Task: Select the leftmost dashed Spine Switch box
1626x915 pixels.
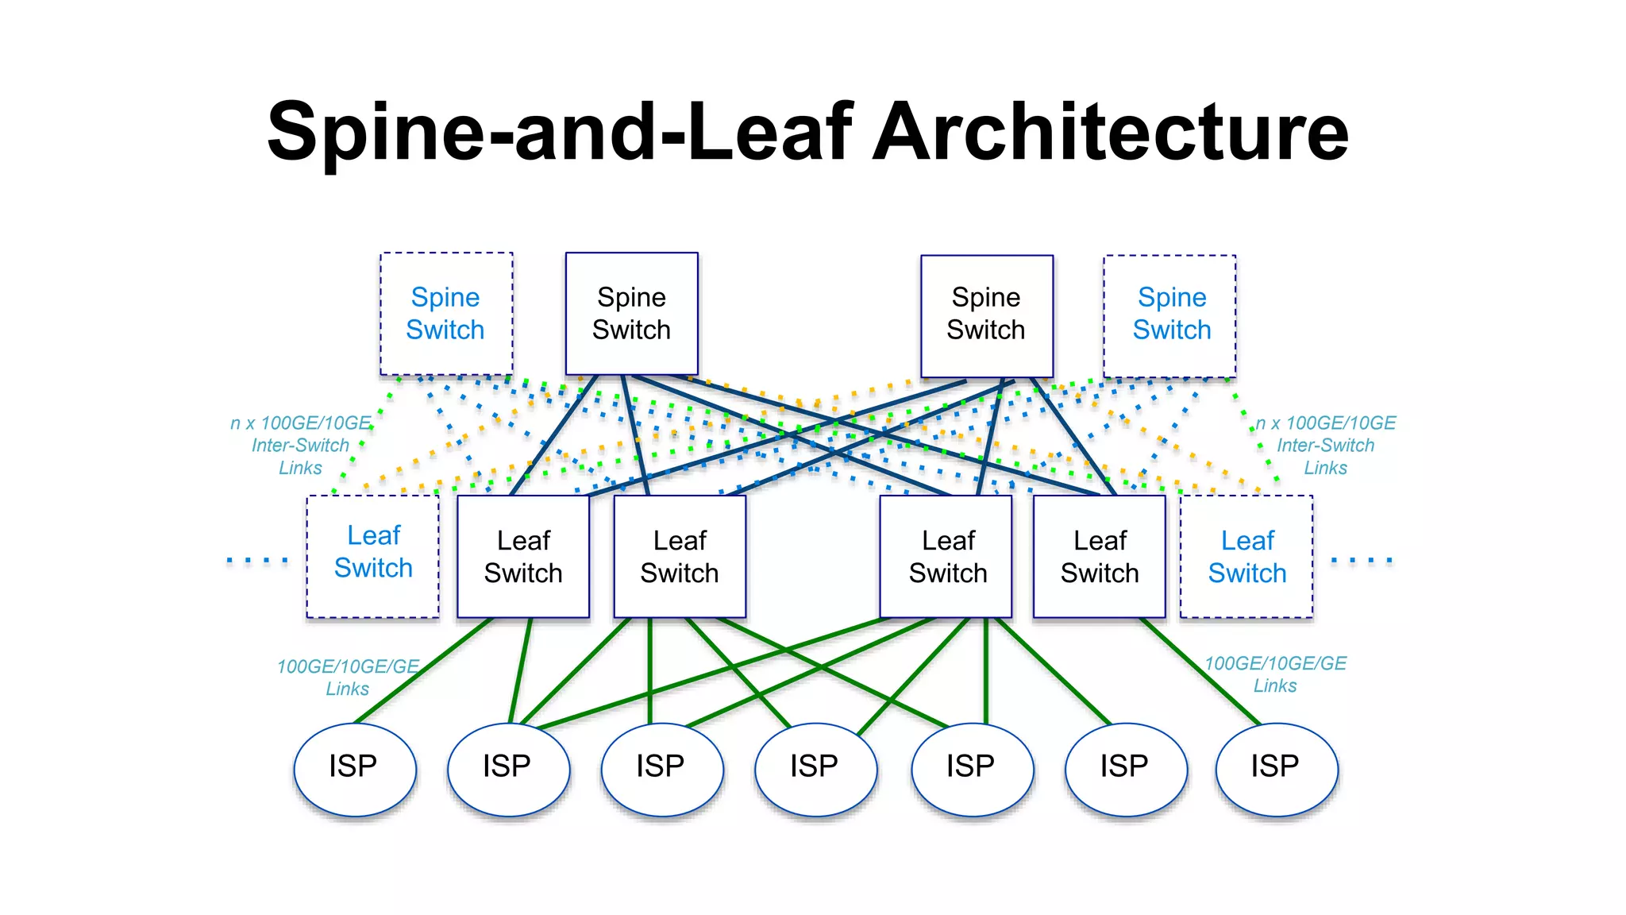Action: tap(446, 314)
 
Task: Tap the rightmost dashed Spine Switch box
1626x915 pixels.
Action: tap(1170, 315)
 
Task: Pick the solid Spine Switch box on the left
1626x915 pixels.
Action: tap(631, 314)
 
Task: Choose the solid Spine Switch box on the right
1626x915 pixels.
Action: tap(986, 315)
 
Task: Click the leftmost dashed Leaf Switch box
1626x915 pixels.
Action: tap(373, 555)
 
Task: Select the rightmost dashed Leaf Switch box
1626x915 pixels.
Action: tap(1246, 557)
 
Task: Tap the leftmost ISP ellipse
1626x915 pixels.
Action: tap(354, 768)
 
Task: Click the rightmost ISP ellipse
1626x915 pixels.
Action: tap(1276, 768)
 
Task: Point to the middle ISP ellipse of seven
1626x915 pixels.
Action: tap(815, 768)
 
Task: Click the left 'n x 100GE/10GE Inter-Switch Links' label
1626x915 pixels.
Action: tap(300, 446)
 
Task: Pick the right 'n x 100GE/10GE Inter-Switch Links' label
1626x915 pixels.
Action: tap(1325, 446)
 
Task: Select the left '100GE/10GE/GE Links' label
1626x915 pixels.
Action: tap(348, 678)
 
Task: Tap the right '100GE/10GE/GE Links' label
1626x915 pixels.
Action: tap(1275, 674)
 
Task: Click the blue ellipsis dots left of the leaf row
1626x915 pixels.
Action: tap(257, 561)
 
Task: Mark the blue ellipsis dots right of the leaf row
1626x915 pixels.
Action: tap(1361, 561)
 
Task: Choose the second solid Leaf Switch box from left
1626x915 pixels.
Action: tap(680, 557)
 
